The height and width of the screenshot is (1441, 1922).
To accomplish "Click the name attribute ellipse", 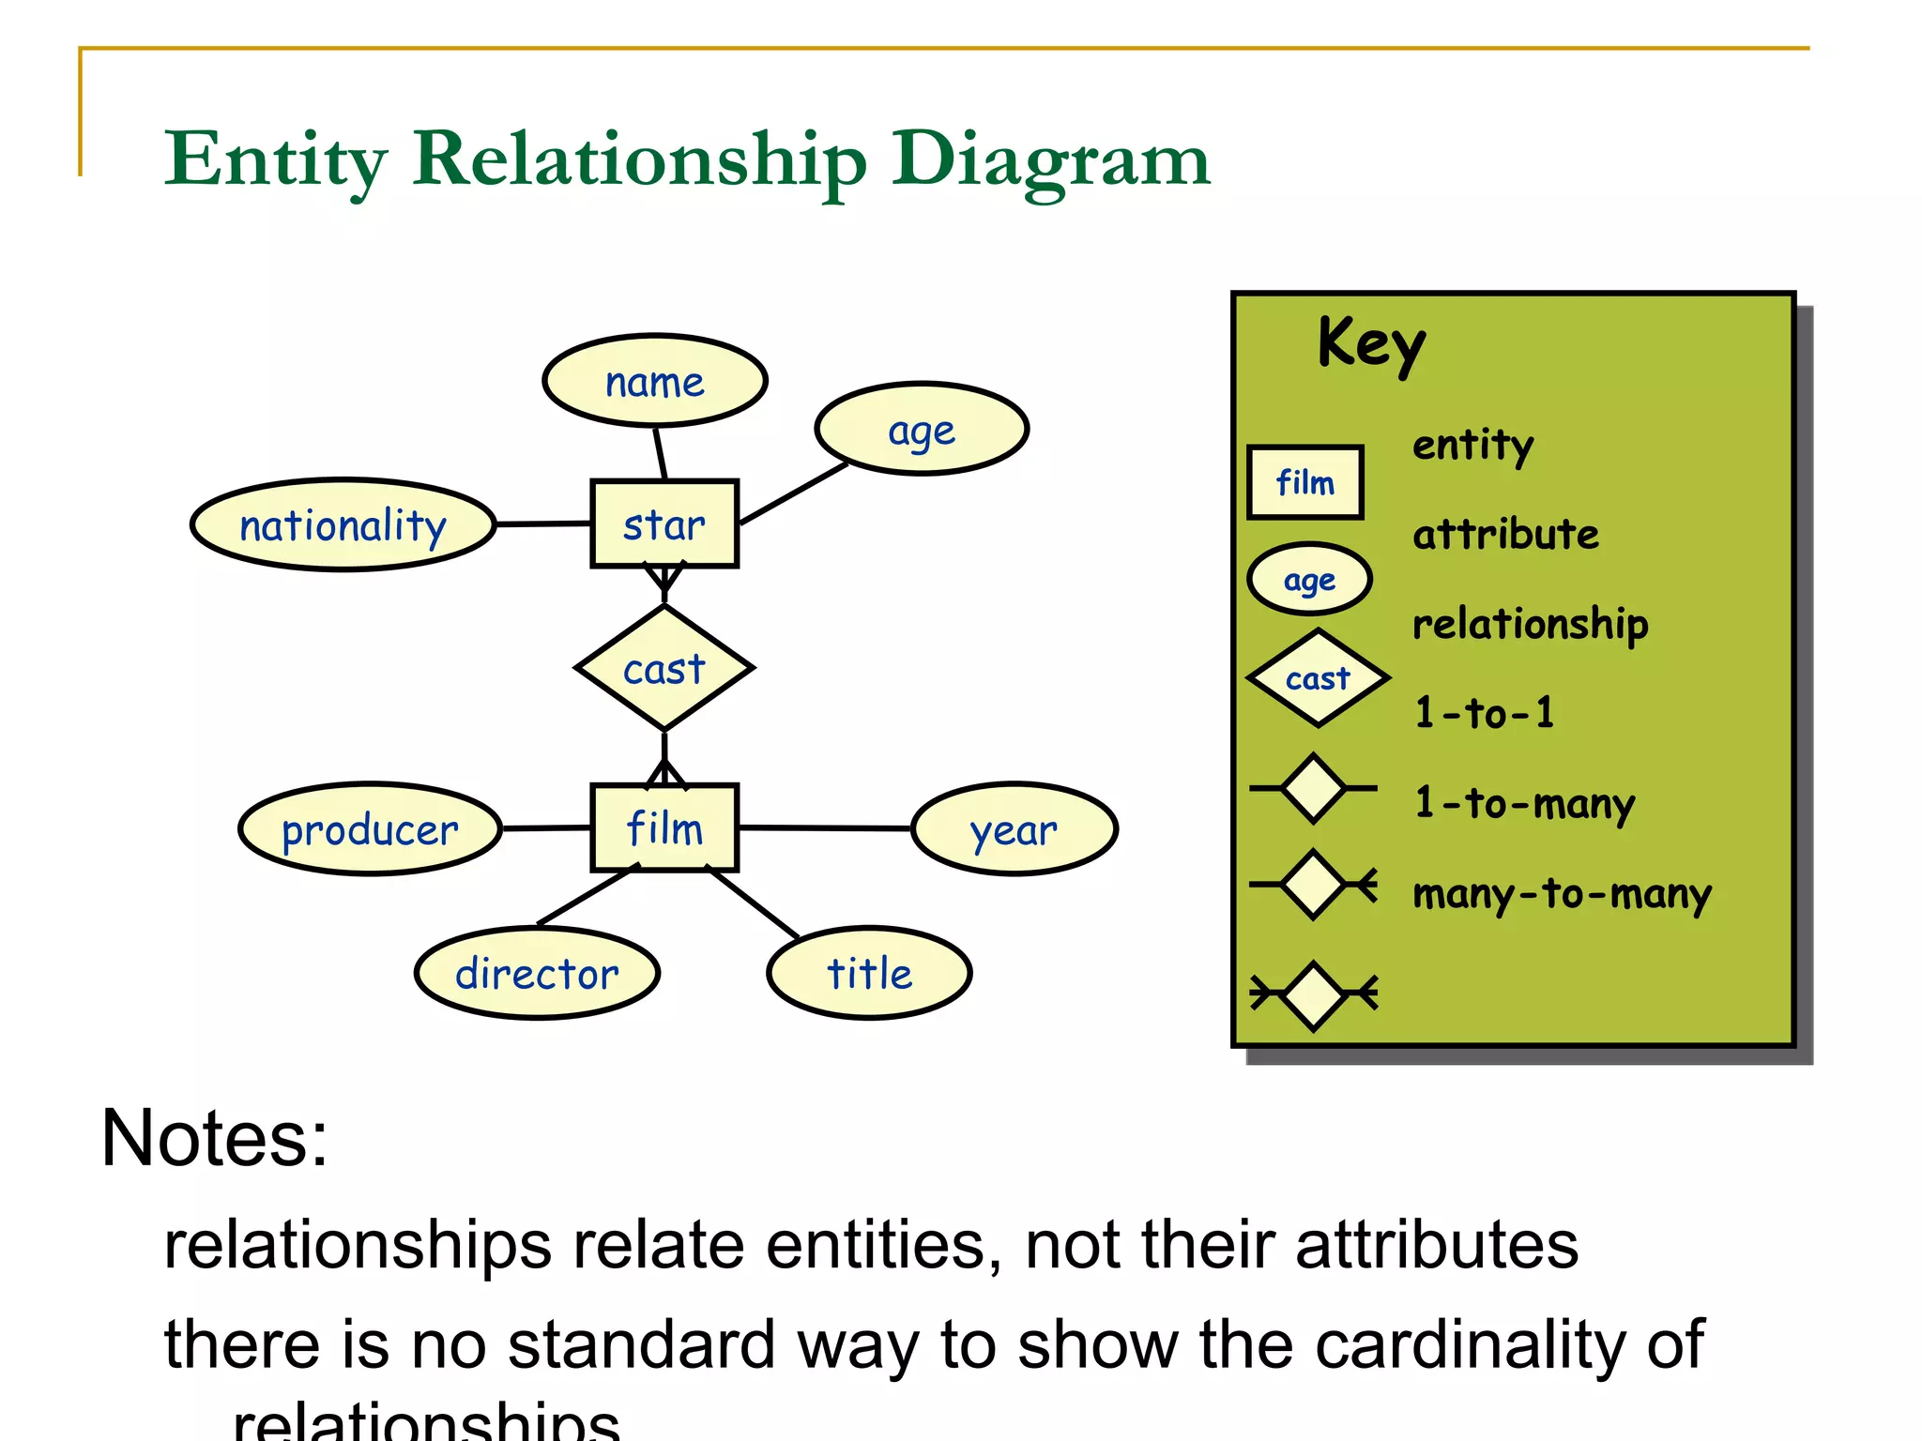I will tap(655, 381).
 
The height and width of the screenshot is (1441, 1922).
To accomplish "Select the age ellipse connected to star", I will tap(922, 430).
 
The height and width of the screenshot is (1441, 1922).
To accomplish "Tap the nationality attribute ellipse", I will tap(343, 524).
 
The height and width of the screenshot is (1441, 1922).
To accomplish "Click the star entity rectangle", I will tap(664, 523).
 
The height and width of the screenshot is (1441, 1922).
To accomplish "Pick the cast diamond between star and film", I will tap(664, 668).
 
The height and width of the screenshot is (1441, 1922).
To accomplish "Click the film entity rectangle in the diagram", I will tap(664, 827).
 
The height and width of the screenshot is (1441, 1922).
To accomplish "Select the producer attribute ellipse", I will tap(370, 829).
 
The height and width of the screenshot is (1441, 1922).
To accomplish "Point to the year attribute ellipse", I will tap(1014, 829).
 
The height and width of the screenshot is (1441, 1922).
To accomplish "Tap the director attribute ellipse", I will tap(537, 973).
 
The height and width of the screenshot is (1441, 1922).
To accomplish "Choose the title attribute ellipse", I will tap(869, 973).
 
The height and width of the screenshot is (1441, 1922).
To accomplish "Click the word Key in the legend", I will tap(1371, 344).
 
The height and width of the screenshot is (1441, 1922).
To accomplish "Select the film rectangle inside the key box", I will tap(1304, 482).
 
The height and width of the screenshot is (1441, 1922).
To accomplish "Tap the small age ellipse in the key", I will tap(1309, 580).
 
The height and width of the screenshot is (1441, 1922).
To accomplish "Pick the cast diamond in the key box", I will tap(1318, 677).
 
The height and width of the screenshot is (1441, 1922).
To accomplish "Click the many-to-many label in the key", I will tap(1562, 894).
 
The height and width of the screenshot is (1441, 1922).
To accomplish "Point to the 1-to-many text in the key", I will tap(1524, 804).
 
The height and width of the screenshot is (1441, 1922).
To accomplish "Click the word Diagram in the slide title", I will tap(1051, 159).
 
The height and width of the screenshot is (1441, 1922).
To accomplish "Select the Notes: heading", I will tap(215, 1138).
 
